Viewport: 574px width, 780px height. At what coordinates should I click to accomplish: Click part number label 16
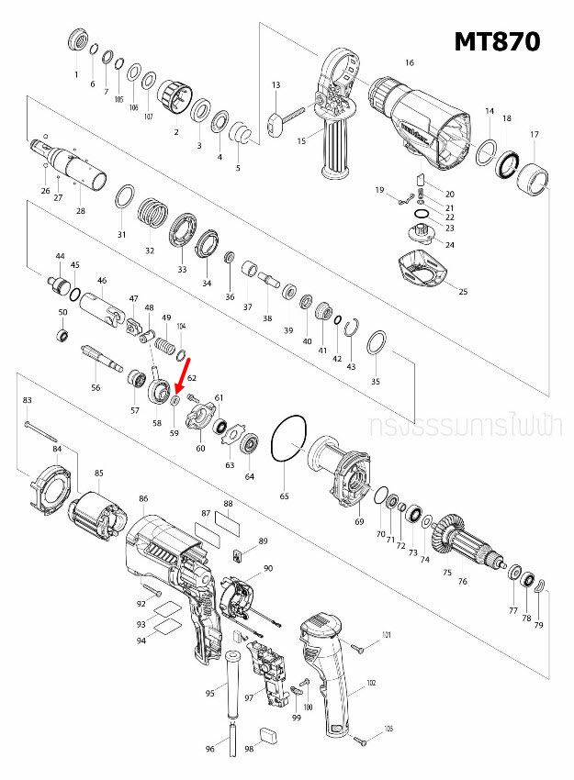(410, 62)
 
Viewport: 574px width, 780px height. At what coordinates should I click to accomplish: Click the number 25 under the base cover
(463, 292)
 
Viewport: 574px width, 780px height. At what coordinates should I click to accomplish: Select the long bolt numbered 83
(41, 427)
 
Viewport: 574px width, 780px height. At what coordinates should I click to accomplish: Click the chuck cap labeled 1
(77, 41)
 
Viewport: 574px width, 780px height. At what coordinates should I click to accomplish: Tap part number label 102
(371, 683)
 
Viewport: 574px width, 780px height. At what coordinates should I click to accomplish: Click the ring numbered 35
(375, 344)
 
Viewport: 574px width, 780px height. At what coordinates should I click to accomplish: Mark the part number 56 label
(96, 388)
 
